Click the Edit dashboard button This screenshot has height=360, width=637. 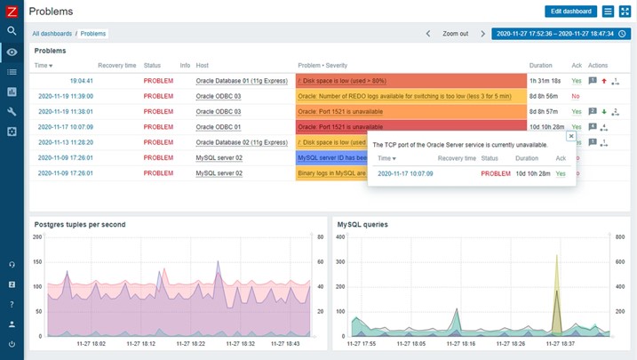(x=570, y=12)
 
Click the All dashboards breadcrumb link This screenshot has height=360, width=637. (x=52, y=34)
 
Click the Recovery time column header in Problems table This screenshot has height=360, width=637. (x=116, y=66)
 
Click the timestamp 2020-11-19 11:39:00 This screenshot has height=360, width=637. (x=65, y=96)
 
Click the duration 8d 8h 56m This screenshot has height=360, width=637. (x=543, y=96)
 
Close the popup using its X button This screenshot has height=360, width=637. (x=570, y=137)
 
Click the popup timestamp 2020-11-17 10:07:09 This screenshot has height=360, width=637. (x=405, y=173)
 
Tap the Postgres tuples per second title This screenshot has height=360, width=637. (x=80, y=225)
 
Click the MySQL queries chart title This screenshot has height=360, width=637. (x=362, y=225)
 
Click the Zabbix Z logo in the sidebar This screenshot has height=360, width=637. (x=12, y=11)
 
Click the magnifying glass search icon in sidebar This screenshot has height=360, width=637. (x=12, y=31)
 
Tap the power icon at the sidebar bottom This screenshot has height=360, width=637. (x=12, y=344)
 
